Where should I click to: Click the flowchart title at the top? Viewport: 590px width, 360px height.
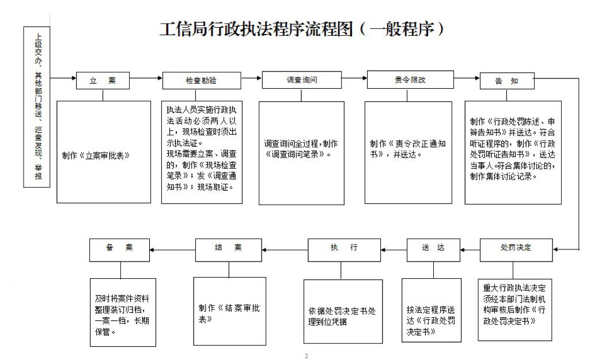[x=302, y=29]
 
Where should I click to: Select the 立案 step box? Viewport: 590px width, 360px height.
[x=103, y=81]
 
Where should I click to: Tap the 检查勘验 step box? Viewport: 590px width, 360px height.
[x=202, y=81]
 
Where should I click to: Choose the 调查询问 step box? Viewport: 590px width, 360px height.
[x=302, y=79]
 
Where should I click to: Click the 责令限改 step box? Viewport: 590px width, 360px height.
[x=410, y=79]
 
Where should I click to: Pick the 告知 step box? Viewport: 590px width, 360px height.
[x=507, y=81]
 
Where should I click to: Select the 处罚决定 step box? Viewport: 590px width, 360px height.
[x=516, y=250]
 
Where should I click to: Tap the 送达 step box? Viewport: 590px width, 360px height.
[x=433, y=250]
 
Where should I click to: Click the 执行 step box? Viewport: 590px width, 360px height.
[x=345, y=250]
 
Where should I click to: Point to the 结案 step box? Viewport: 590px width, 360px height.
[x=228, y=250]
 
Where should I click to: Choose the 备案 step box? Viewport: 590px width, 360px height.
[x=120, y=250]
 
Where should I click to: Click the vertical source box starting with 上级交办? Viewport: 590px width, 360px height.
[x=37, y=107]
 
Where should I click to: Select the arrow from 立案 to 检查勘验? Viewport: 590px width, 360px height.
[x=146, y=78]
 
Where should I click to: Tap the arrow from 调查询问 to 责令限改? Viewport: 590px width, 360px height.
[x=354, y=78]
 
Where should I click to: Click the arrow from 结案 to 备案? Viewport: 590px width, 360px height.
[x=172, y=250]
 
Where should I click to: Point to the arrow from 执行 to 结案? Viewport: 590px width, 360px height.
[x=285, y=250]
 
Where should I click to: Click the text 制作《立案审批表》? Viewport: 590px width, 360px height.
[x=96, y=156]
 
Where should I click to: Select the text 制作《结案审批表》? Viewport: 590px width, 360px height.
[x=229, y=313]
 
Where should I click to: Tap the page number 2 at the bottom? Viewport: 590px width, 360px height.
[x=307, y=356]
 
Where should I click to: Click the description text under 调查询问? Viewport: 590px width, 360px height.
[x=301, y=149]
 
